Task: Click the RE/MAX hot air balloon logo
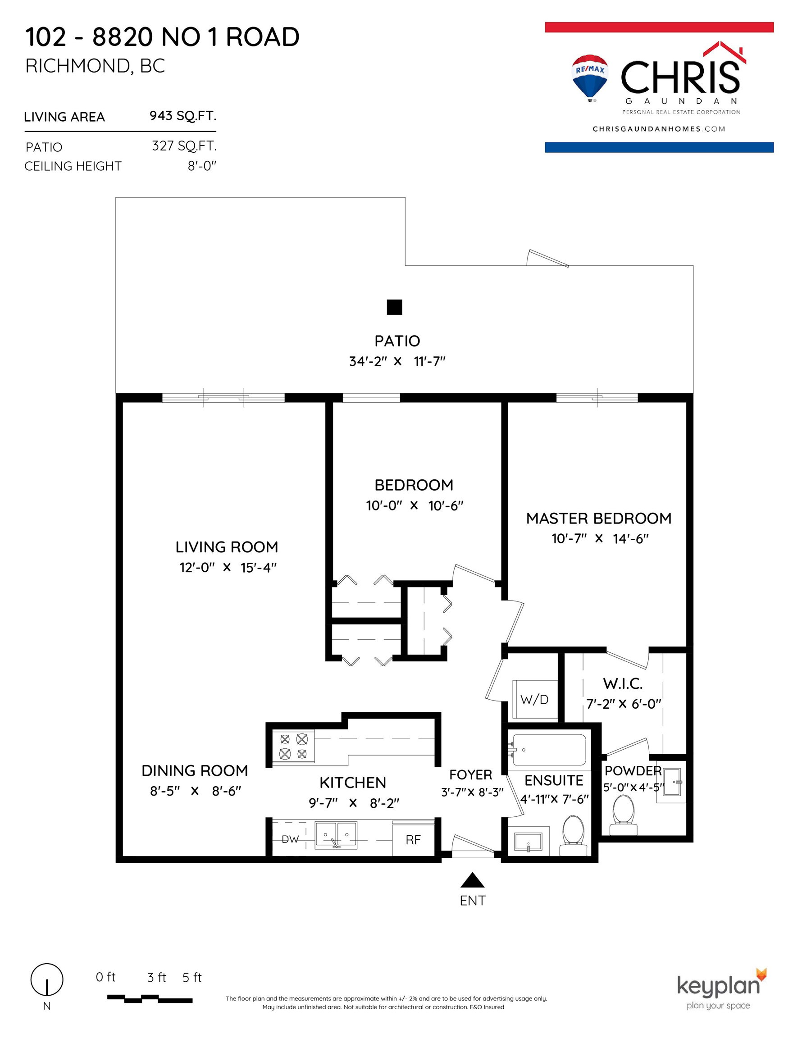(590, 78)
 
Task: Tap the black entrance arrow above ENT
(472, 880)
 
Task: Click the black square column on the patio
(395, 307)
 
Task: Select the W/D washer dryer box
(535, 700)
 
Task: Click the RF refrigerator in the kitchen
(413, 840)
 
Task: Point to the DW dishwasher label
(290, 839)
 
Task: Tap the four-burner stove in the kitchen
(293, 746)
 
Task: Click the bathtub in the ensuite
(549, 750)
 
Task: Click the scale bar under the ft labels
(150, 998)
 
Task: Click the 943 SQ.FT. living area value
(183, 116)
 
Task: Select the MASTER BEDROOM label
(598, 518)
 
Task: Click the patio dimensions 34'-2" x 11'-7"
(397, 362)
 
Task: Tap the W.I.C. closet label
(623, 684)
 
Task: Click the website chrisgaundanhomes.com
(658, 129)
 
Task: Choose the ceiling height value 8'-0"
(202, 166)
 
